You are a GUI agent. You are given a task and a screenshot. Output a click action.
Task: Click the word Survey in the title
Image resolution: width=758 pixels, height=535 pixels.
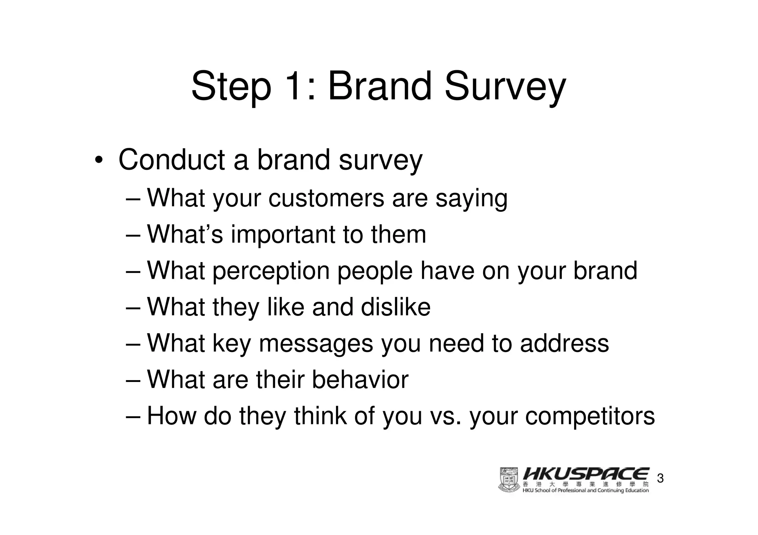coord(505,87)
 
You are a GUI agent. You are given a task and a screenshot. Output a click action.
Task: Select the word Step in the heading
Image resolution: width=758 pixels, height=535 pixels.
coord(231,87)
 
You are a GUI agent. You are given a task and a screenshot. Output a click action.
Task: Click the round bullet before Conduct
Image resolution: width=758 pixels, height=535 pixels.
coord(98,160)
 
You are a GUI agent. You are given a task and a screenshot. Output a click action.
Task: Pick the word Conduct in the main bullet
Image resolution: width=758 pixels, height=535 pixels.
coord(172,160)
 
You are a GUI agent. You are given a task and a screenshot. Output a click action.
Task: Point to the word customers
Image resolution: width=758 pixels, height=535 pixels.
coord(326,198)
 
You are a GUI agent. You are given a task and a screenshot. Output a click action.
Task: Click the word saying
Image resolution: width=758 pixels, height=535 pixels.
coord(471,199)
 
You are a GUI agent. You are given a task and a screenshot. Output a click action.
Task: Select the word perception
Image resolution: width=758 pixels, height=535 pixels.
coord(271,271)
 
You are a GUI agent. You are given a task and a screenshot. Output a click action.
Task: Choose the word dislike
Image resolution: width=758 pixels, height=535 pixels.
coord(396,307)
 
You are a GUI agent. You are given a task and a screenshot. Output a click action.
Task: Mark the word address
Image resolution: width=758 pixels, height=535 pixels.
coord(564,343)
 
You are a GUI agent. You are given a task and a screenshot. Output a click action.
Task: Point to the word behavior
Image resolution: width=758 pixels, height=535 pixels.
coord(360,379)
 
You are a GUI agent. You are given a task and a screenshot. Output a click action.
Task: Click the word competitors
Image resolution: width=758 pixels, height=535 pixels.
coord(590,416)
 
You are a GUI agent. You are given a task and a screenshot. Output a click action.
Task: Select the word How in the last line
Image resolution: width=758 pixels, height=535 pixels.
coord(171,416)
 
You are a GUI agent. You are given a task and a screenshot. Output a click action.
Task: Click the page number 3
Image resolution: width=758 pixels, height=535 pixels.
coord(660,479)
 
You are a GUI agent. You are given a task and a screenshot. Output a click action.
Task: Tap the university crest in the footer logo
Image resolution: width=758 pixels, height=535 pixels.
coord(509,480)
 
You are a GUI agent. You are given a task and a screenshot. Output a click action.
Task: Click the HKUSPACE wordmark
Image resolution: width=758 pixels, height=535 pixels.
coord(586,474)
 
